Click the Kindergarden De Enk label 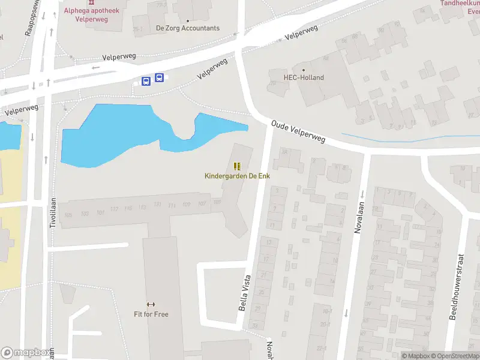(x=236, y=175)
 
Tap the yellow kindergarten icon (x=237, y=166)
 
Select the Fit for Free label (x=151, y=314)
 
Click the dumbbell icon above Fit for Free (x=151, y=304)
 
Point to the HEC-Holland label (x=304, y=77)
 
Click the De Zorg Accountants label (x=187, y=28)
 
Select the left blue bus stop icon (x=146, y=81)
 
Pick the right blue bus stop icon (x=159, y=77)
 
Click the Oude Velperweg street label (x=298, y=131)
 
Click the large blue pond (x=108, y=135)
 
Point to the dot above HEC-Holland (x=304, y=69)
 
